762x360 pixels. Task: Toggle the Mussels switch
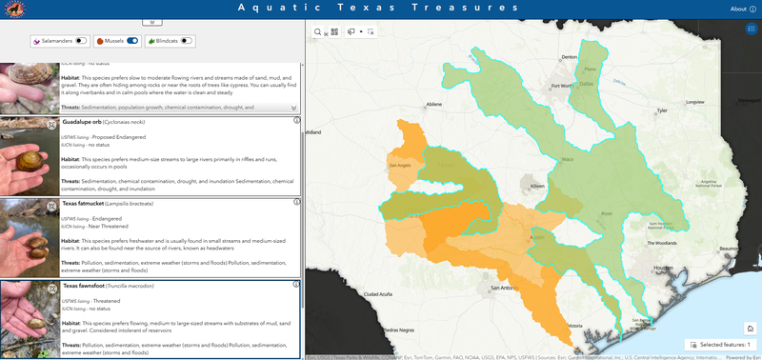[132, 41]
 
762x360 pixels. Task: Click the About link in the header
[737, 9]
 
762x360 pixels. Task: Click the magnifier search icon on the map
[318, 31]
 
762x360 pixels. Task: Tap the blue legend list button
[752, 29]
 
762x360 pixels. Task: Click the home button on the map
[751, 329]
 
